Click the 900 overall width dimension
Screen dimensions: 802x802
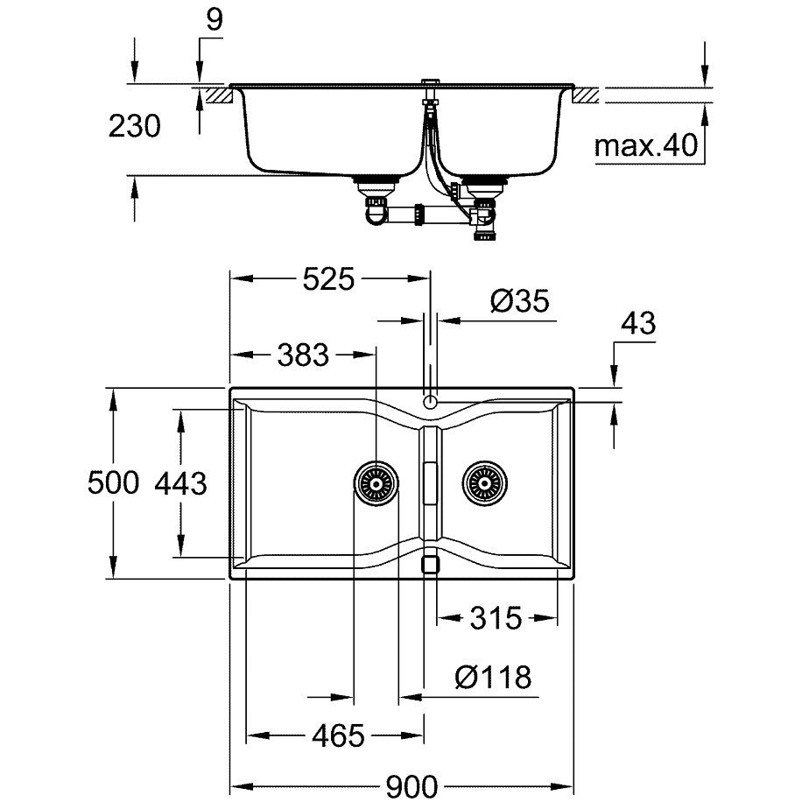coord(412,786)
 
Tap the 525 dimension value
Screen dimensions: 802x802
coord(328,279)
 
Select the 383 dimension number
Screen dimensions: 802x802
coord(303,355)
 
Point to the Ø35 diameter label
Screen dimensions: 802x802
coord(520,301)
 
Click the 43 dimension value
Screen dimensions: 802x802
coord(637,323)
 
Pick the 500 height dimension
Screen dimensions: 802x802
coord(113,482)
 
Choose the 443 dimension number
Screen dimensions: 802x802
coord(180,483)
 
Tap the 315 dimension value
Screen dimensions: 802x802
coord(496,618)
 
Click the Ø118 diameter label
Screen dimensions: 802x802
coord(493,677)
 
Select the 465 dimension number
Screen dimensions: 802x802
coord(338,736)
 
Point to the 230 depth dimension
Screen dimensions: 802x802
coord(135,126)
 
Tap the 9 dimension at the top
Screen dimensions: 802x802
coord(215,20)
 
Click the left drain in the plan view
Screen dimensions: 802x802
coord(376,483)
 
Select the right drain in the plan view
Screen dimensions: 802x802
coord(485,483)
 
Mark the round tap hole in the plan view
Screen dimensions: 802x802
coord(431,401)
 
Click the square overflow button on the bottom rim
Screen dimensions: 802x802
coord(430,565)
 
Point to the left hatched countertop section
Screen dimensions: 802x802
coord(219,95)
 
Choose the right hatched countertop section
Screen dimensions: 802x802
coord(586,95)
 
